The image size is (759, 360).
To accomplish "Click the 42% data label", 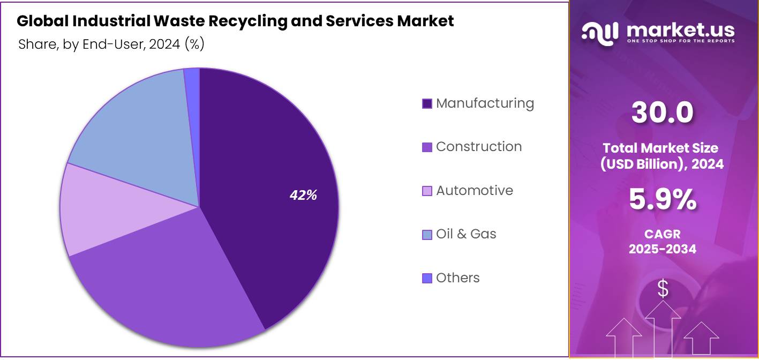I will tap(303, 196).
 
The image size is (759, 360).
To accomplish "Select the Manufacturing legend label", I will tap(485, 103).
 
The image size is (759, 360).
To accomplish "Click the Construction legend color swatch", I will tap(427, 147).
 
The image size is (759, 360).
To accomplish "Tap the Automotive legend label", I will tap(474, 190).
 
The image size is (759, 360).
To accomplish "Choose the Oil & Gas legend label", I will tap(466, 234).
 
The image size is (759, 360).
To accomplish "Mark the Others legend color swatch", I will tap(427, 278).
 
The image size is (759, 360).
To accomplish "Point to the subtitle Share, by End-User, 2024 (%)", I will tap(111, 44).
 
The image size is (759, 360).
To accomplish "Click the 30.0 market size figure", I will tap(662, 112).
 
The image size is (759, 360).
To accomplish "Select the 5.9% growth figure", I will tap(662, 200).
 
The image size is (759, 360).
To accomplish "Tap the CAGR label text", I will tap(662, 234).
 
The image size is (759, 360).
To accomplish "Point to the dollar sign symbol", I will tap(663, 289).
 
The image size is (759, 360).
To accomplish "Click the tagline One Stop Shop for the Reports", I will tap(680, 41).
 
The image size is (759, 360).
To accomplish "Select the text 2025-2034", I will tap(662, 249).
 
